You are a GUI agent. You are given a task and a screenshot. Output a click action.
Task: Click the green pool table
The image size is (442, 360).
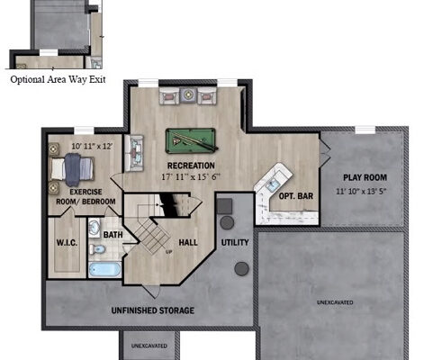point(191,140)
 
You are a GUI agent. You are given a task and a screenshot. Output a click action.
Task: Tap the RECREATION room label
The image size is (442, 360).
point(191,166)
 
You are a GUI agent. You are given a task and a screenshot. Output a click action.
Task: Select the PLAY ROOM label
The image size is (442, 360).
point(365,177)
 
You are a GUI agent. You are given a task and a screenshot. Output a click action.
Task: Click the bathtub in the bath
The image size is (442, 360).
point(104,269)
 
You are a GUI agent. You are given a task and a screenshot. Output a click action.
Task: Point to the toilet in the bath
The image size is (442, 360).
point(97,249)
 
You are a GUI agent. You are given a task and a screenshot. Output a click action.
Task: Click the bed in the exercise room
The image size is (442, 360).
point(72,169)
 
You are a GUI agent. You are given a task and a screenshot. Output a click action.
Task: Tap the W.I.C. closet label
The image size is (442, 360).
point(67,242)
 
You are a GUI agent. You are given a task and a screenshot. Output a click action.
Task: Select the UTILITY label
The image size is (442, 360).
point(235,242)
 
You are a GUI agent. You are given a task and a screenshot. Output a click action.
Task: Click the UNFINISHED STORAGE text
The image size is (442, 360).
point(153,310)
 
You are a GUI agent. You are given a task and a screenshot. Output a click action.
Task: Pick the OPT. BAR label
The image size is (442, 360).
point(296,196)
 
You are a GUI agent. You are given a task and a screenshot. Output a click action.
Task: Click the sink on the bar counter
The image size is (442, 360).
point(273,185)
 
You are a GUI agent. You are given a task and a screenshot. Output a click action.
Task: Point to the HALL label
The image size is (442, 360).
point(188,242)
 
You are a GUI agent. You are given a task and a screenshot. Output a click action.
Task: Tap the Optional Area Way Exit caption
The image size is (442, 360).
point(58,79)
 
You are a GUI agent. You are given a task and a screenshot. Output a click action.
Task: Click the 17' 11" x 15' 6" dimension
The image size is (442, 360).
point(191,176)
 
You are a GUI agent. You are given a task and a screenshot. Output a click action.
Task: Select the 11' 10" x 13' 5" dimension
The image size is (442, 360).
point(361,191)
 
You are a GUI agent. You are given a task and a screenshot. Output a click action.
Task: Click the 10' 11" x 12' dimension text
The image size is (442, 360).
point(92,147)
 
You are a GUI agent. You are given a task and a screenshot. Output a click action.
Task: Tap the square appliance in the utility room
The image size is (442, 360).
point(224,206)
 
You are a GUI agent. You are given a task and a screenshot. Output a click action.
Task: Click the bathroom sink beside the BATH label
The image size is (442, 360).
point(95,227)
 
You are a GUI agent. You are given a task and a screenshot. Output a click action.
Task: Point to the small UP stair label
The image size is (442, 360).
point(169,252)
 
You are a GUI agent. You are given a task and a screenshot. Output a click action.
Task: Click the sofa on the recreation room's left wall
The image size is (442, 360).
point(134,153)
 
